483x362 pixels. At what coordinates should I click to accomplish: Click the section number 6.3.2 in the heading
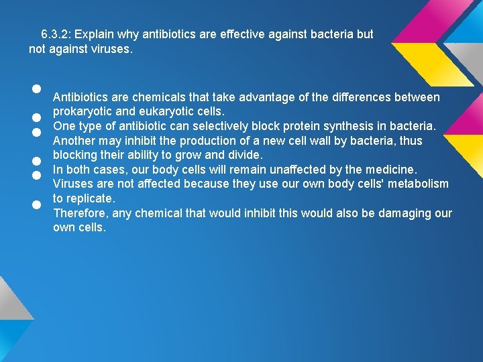[56, 34]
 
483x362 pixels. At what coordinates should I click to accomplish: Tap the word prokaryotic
[82, 111]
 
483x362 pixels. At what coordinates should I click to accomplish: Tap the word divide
[239, 155]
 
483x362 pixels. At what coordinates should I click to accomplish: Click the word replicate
[91, 198]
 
